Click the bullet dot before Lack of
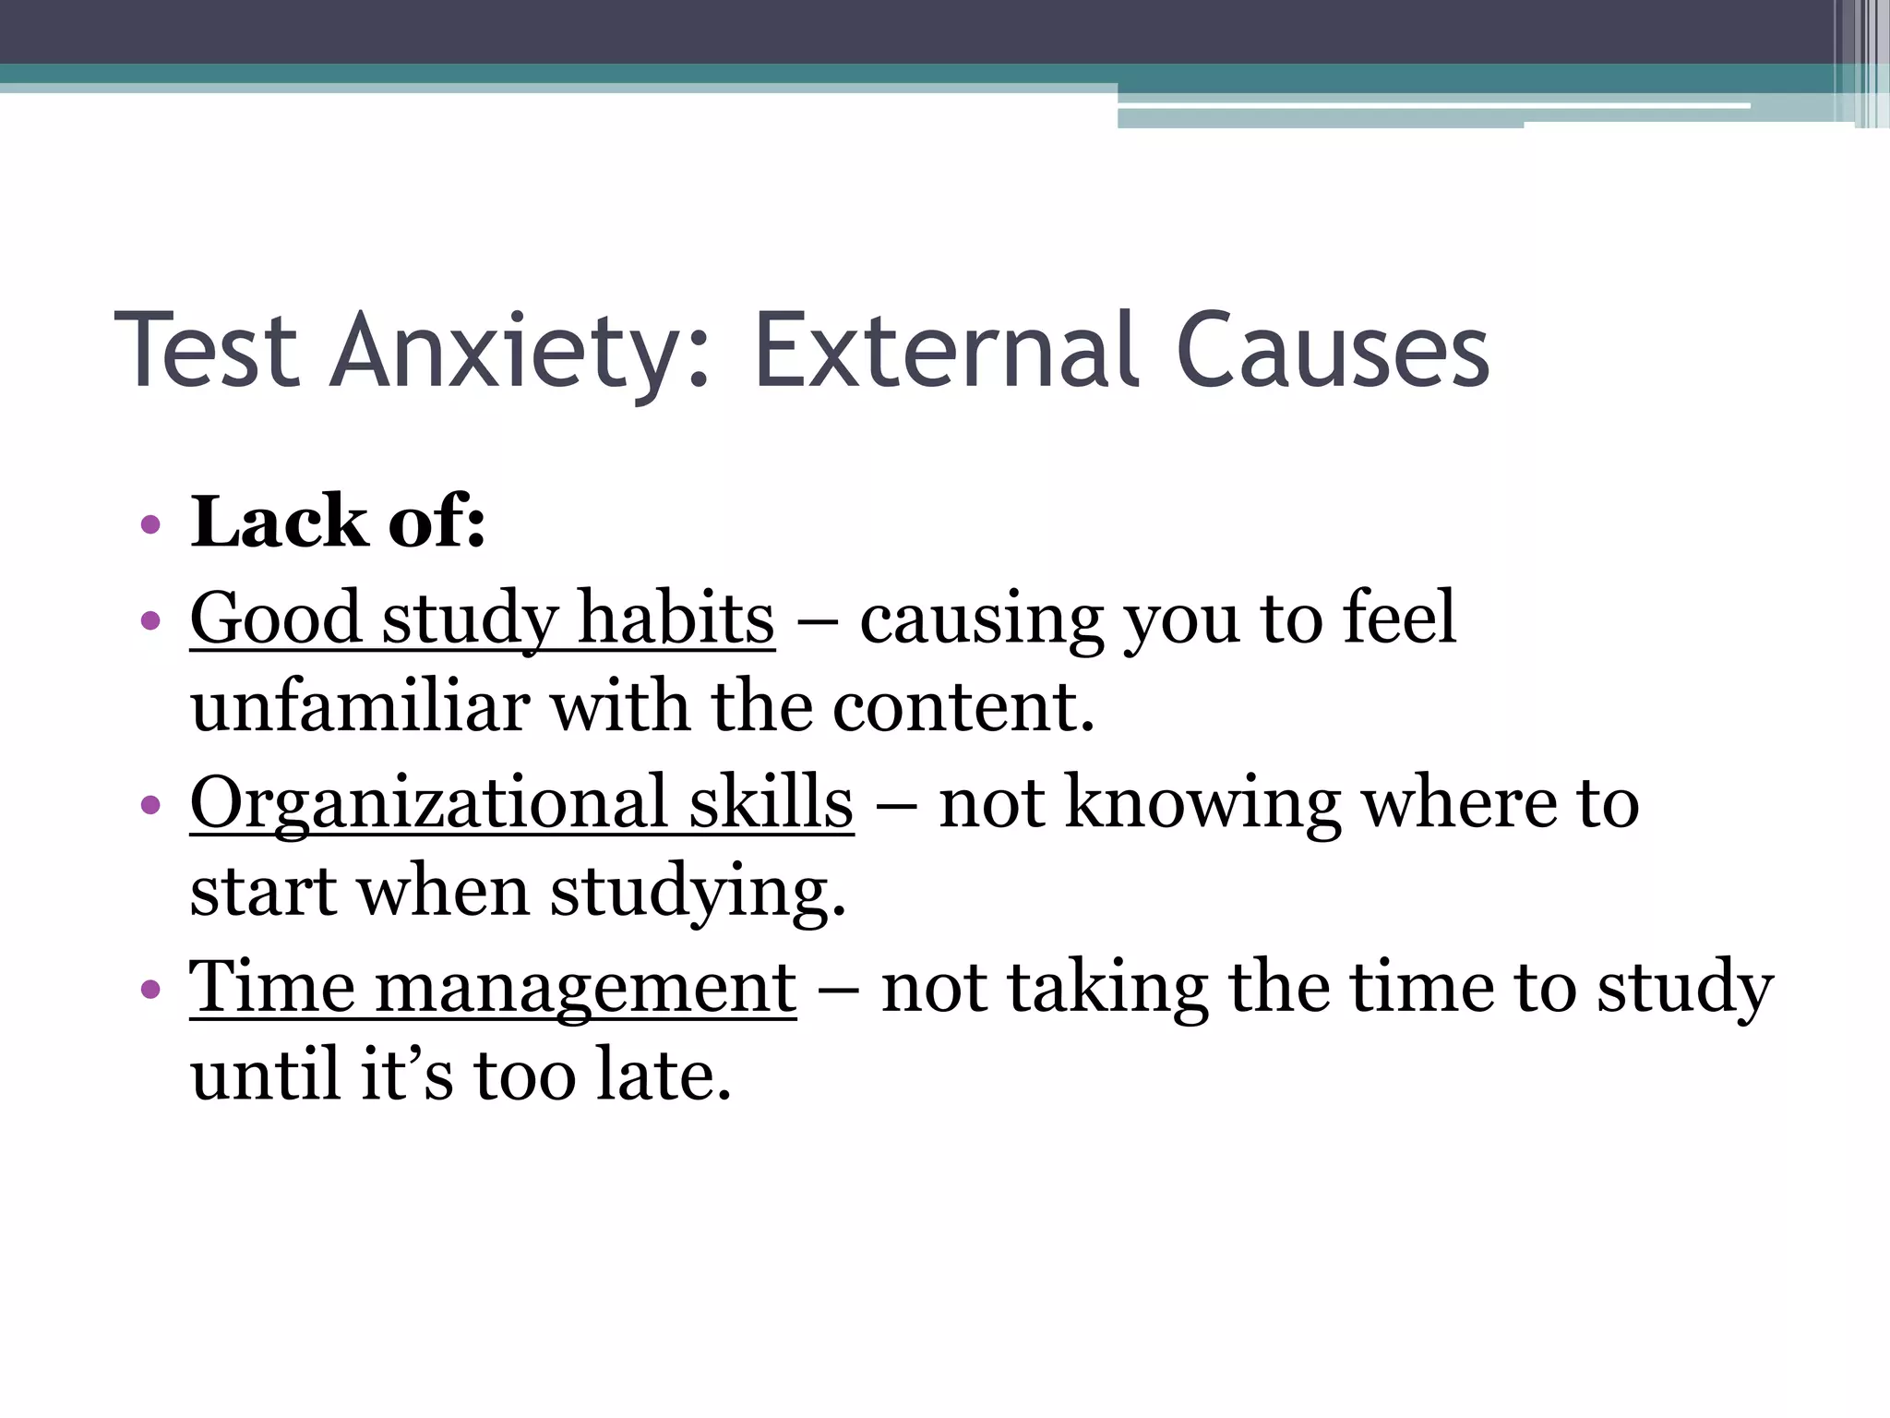point(150,526)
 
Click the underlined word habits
point(676,619)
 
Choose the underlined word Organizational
point(428,803)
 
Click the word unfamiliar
point(360,707)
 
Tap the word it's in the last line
point(406,1075)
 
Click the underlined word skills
point(771,803)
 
